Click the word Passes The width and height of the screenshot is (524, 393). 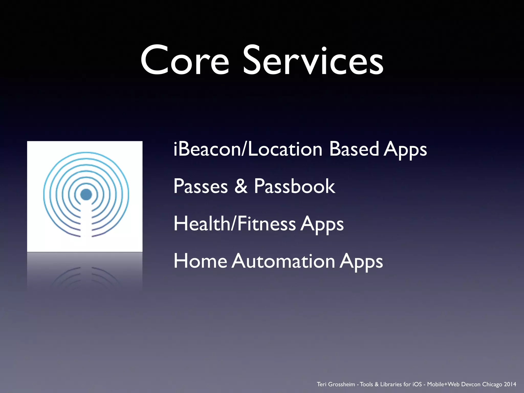(201, 186)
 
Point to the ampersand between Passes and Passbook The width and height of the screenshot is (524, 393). (241, 186)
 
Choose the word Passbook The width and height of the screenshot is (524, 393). (294, 186)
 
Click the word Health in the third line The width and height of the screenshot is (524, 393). (202, 224)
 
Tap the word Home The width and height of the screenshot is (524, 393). (200, 261)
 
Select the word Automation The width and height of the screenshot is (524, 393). (283, 261)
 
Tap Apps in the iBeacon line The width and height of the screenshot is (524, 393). (405, 150)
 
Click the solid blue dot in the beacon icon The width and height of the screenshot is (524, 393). (86, 194)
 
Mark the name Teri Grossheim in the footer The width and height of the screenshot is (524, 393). (336, 384)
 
